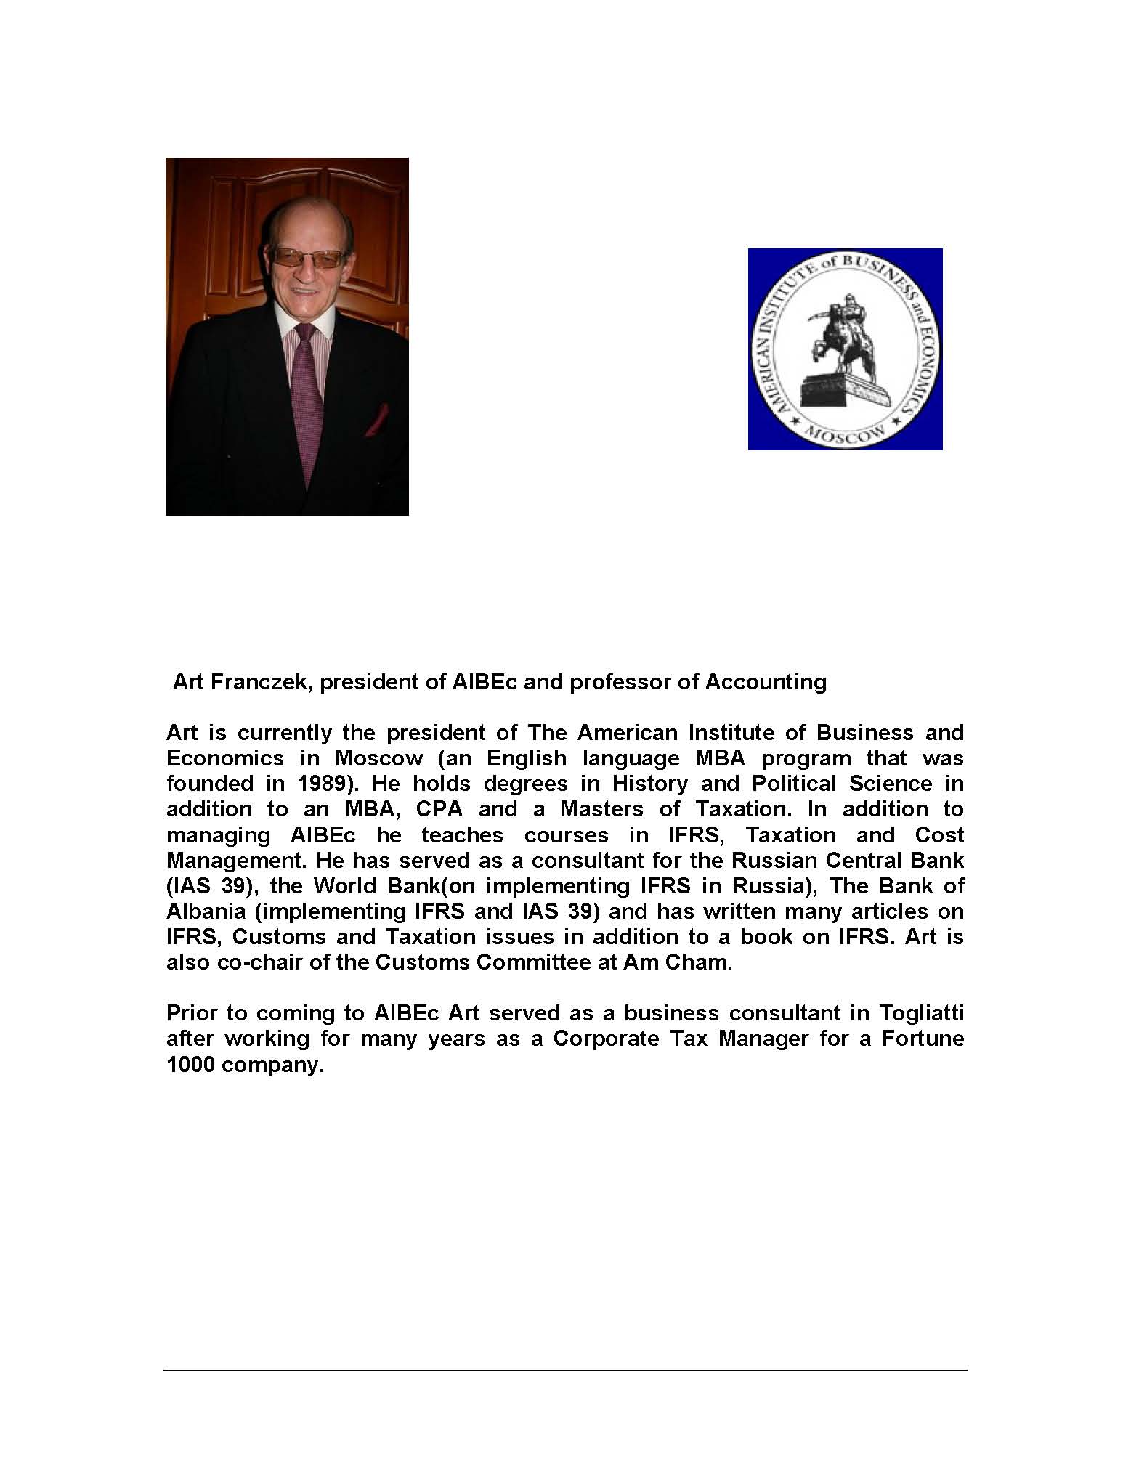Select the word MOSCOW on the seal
click(846, 434)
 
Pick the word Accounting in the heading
click(766, 682)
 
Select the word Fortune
click(923, 1038)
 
